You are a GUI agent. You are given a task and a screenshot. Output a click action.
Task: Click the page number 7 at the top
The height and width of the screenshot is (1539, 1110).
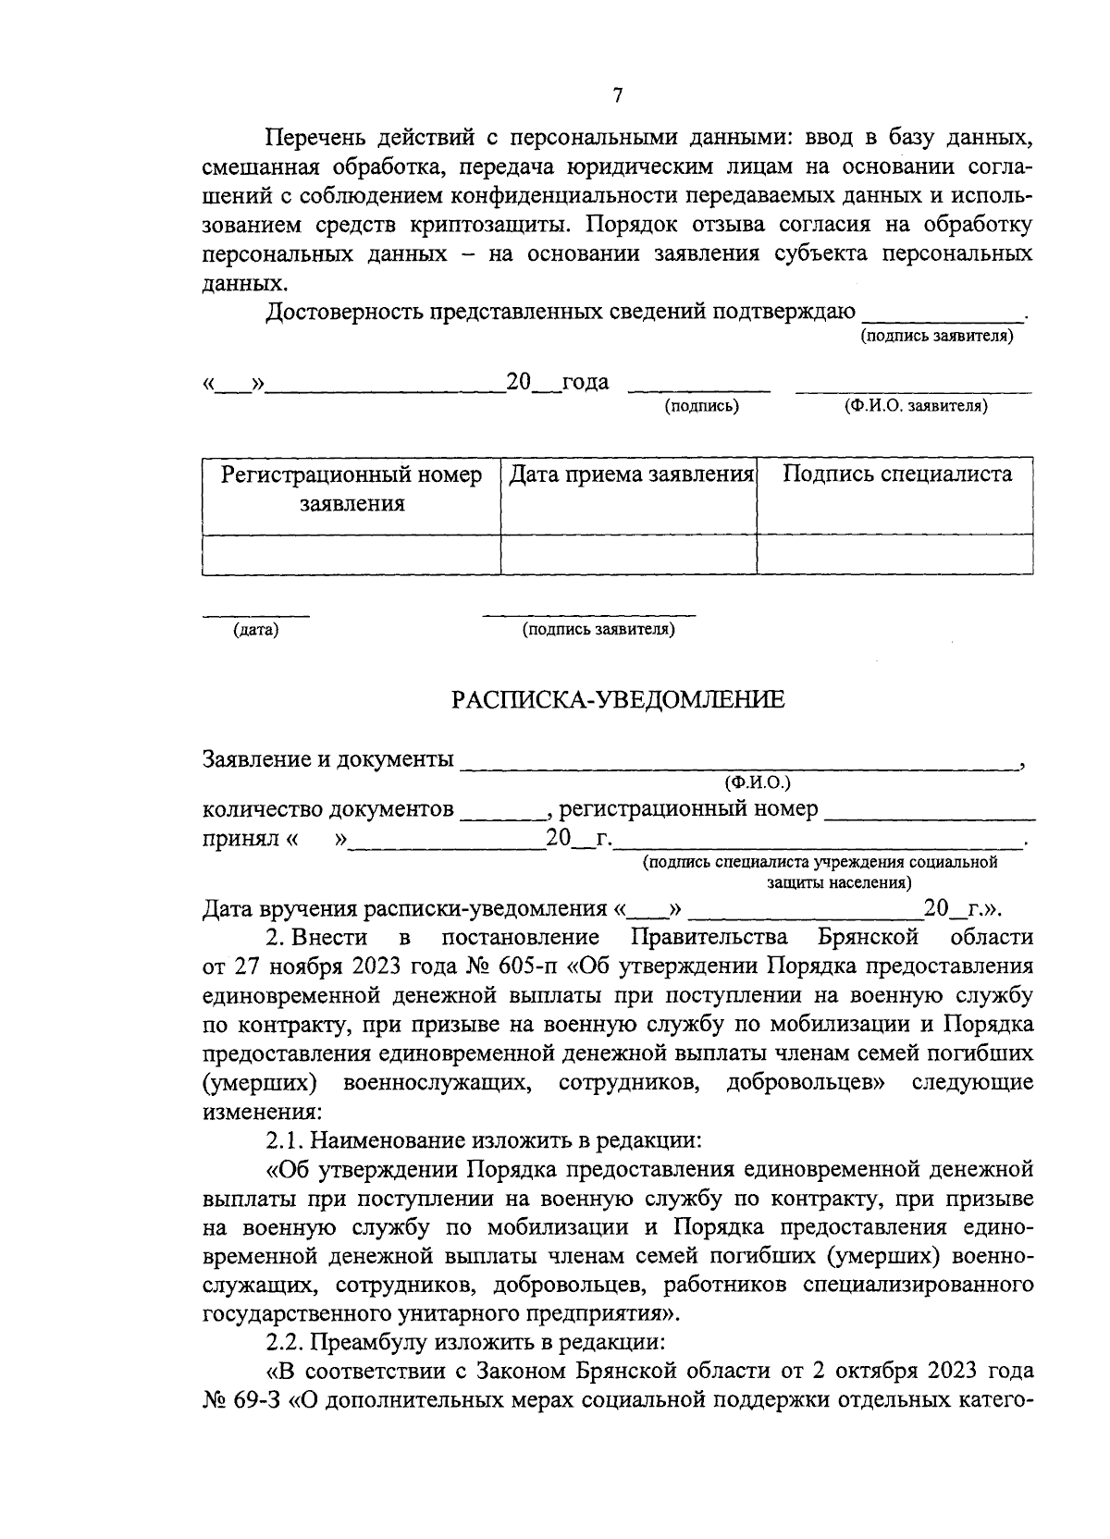pos(618,96)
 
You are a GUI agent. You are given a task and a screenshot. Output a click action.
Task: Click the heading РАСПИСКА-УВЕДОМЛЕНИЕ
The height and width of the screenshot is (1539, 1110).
pos(618,700)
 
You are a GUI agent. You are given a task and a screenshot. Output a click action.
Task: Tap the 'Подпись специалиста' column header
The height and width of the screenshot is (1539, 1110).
pos(896,475)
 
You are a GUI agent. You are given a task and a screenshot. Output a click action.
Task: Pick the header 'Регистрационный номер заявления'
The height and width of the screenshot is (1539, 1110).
pos(351,489)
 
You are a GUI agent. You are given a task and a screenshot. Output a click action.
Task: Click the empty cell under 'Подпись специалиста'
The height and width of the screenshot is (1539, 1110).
pos(895,554)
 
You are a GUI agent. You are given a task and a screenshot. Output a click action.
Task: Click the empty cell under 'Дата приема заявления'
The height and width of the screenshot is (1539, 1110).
pos(629,554)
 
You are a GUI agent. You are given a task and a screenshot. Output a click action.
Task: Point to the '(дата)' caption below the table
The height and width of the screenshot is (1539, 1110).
pos(256,631)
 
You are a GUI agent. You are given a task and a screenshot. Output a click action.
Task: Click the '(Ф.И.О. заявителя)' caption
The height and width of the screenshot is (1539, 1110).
pos(914,406)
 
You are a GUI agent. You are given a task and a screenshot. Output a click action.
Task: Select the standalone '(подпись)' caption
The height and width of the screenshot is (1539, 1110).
pos(702,406)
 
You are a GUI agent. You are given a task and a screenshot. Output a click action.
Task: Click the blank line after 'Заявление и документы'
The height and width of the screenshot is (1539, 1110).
pos(737,767)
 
